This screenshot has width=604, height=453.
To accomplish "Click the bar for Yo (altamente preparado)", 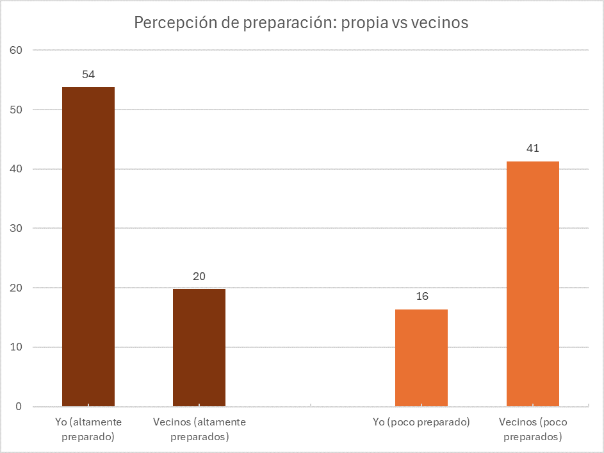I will [x=88, y=247].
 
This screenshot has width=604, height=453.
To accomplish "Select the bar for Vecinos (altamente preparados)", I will [x=199, y=348].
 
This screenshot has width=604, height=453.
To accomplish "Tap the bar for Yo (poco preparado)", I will [x=421, y=358].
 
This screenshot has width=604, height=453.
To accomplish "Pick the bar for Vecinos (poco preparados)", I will [x=533, y=284].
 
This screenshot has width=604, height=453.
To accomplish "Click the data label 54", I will [x=88, y=75].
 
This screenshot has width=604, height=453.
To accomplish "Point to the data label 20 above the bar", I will [x=199, y=277].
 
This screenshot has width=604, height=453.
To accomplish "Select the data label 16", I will [x=421, y=297].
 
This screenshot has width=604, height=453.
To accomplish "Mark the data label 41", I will [x=533, y=149].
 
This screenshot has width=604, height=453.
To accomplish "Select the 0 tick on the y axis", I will [x=19, y=407].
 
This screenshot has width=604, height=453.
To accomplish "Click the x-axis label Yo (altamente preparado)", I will [x=88, y=429].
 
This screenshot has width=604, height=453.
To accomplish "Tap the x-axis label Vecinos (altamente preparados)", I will [x=199, y=429].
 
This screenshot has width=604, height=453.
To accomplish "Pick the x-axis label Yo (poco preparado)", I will [x=421, y=423].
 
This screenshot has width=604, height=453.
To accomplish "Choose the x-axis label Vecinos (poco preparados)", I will [x=533, y=429].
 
